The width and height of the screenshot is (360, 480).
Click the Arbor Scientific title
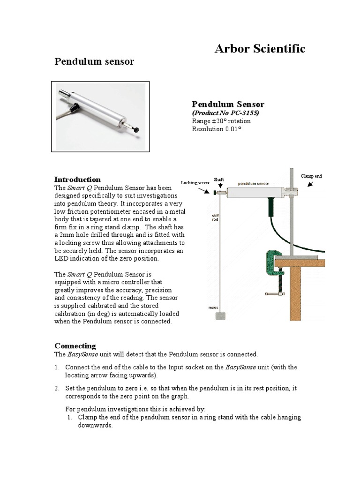click(260, 49)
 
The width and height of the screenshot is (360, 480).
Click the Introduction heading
click(77, 180)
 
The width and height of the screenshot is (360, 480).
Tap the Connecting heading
click(75, 346)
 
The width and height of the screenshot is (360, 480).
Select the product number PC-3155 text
click(225, 113)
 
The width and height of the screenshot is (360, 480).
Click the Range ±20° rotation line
click(221, 121)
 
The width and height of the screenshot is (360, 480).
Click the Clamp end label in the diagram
click(311, 176)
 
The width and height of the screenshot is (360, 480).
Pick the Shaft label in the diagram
click(219, 180)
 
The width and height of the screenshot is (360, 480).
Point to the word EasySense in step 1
click(241, 367)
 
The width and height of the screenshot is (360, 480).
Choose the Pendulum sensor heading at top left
click(94, 62)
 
